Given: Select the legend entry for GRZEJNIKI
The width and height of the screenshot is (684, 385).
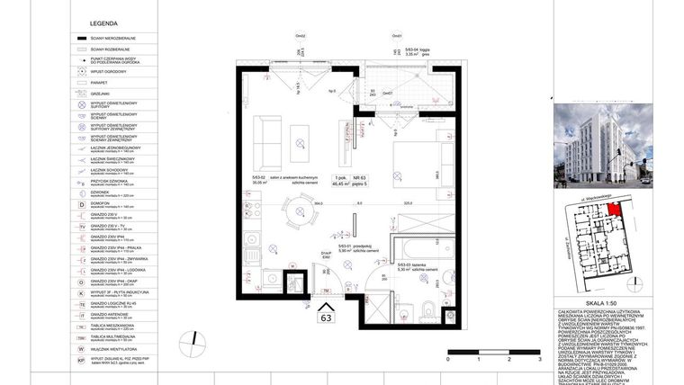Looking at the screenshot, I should pos(99,93).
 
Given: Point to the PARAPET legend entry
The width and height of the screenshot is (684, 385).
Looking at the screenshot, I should pos(99,82).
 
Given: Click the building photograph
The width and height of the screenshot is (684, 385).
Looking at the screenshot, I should pos(589,144).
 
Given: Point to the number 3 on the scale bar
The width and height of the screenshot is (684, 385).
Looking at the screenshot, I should pos(537,358).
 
